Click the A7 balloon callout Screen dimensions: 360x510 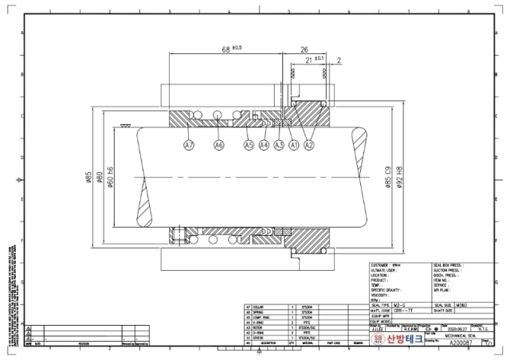189,146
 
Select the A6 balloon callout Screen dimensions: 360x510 219,146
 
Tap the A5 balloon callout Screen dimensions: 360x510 249,146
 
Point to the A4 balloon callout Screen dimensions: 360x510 264,146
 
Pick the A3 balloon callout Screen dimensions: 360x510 279,146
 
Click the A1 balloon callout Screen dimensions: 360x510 293,146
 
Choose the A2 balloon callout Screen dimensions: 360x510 310,146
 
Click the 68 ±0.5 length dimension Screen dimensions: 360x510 232,49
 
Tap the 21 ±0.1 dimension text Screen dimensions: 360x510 313,60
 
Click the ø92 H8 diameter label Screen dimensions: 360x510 399,177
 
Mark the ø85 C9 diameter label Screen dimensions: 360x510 388,177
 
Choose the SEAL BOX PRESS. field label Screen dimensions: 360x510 449,264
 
